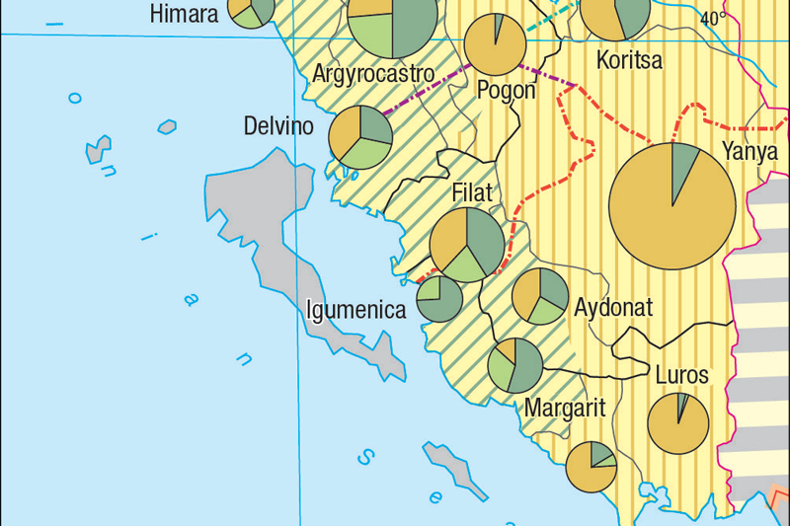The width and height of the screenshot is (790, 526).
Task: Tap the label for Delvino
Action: (x=277, y=127)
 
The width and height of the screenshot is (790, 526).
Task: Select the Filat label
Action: (x=472, y=193)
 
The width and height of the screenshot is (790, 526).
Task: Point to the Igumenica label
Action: (x=356, y=310)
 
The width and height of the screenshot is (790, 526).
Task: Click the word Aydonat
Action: (x=613, y=307)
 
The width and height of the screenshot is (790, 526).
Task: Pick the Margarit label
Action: (x=565, y=407)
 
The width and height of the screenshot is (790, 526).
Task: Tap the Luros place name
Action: (x=681, y=375)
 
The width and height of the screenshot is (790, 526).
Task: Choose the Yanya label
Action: (x=750, y=152)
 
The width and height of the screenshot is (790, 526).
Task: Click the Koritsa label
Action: (x=629, y=62)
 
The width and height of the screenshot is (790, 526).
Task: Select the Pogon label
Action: (x=506, y=90)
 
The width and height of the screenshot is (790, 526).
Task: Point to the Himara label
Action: (x=184, y=15)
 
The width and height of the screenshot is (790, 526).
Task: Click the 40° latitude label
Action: (x=712, y=18)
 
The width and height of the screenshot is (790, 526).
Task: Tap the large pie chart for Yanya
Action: (x=672, y=205)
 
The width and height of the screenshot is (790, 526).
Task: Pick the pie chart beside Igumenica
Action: (x=440, y=299)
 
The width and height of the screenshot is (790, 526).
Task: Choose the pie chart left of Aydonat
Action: (x=540, y=295)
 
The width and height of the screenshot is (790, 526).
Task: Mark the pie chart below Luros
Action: (x=678, y=423)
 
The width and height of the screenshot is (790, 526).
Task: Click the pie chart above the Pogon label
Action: (x=496, y=43)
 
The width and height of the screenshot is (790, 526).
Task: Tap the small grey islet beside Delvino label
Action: (x=167, y=126)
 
